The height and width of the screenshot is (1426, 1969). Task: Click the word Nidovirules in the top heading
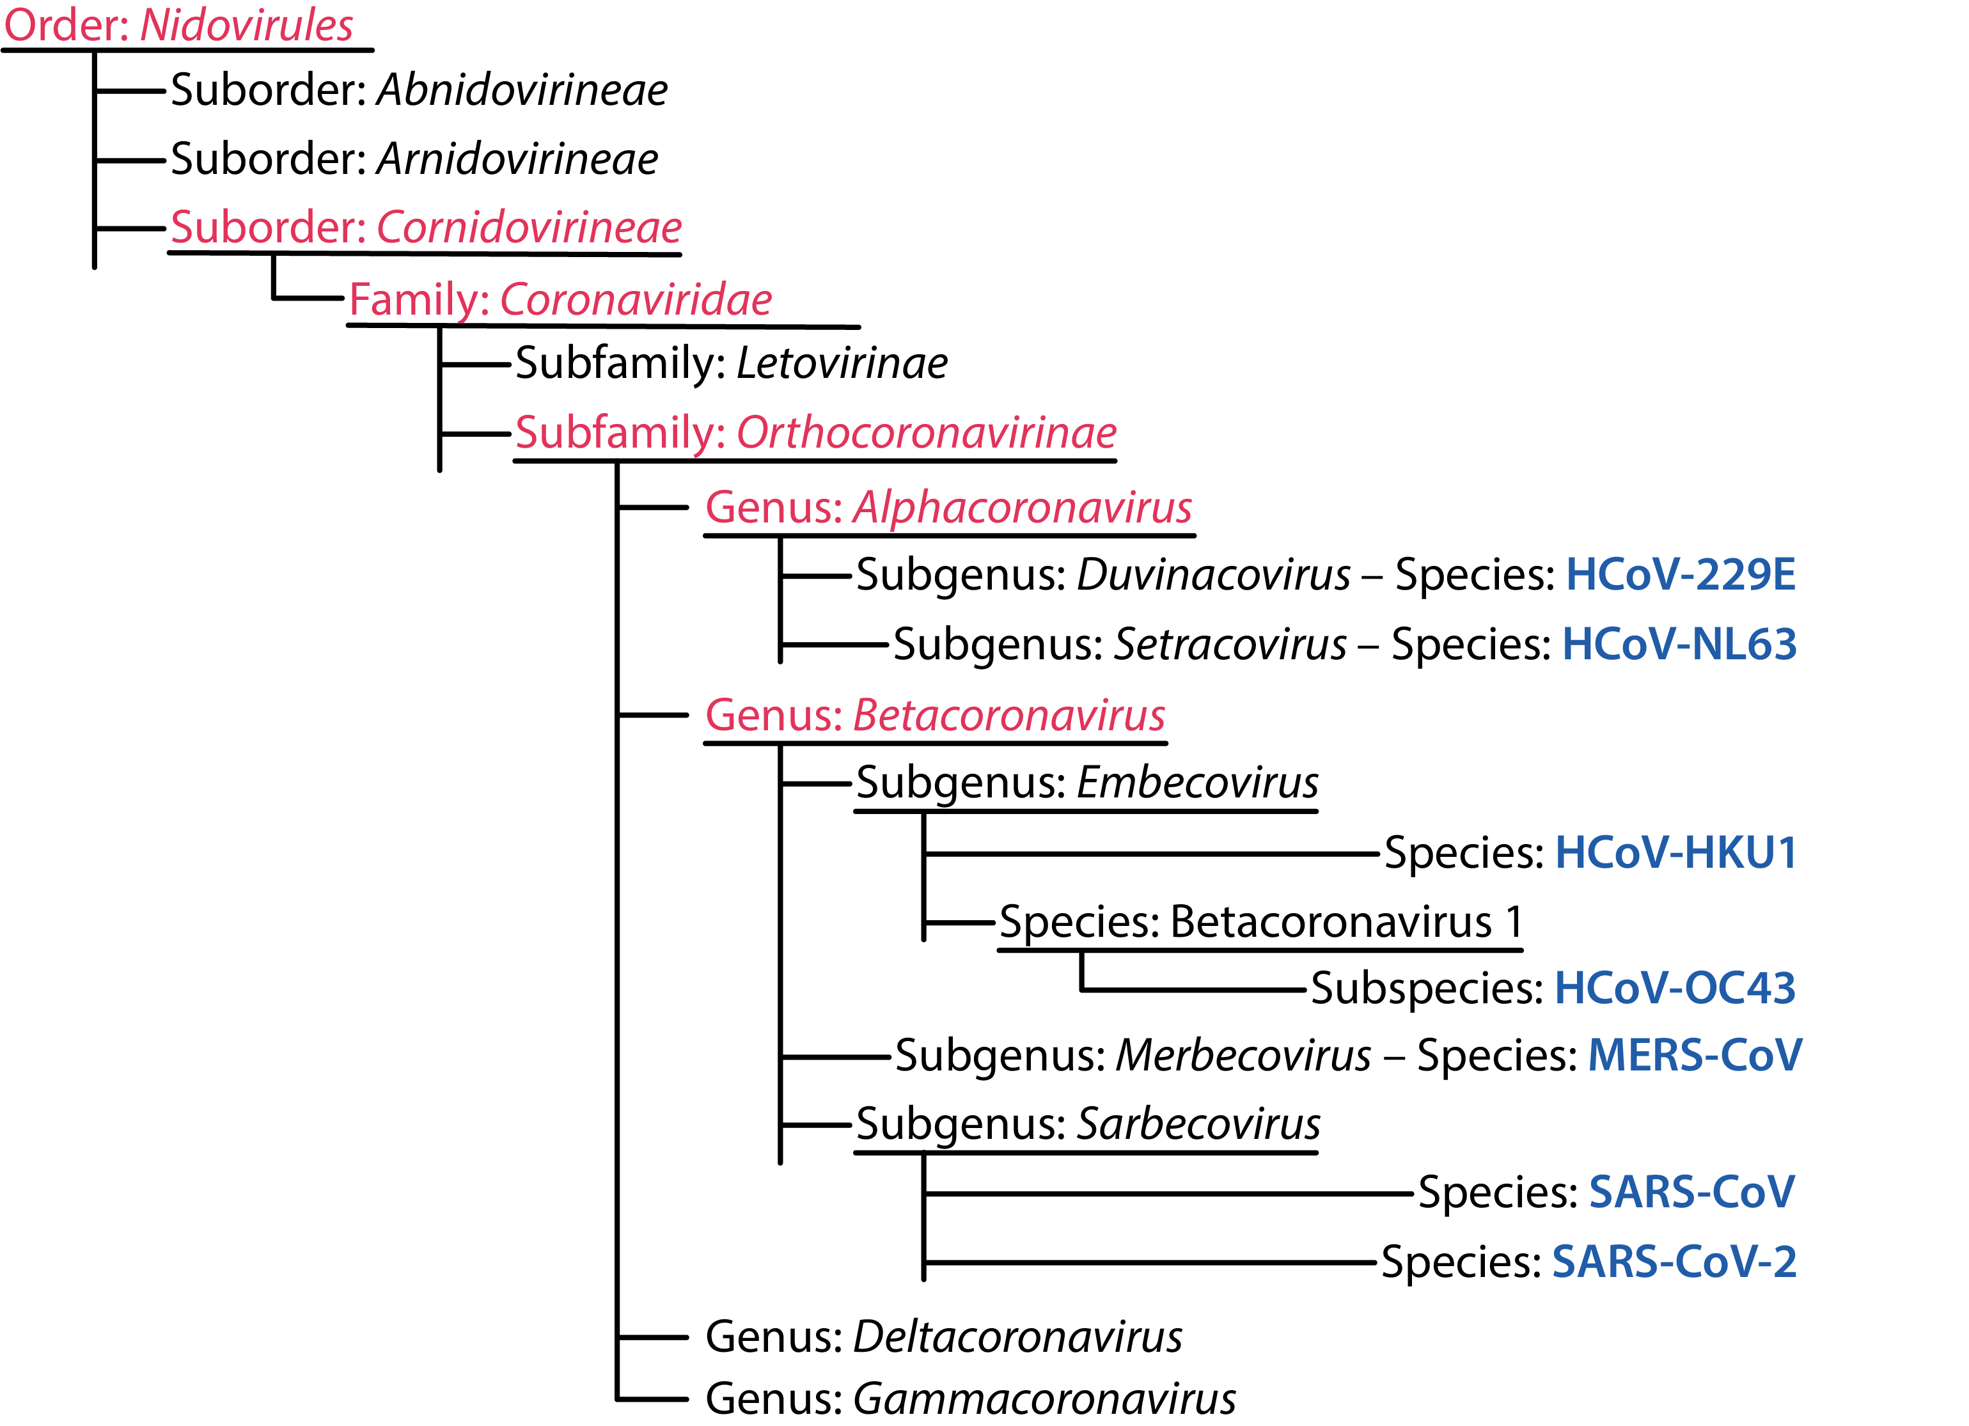point(247,24)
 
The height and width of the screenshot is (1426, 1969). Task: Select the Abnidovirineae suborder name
point(522,90)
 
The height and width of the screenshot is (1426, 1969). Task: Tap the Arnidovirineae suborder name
point(517,159)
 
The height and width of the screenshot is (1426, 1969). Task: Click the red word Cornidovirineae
point(529,228)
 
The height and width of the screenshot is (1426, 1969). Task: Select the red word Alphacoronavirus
point(1023,507)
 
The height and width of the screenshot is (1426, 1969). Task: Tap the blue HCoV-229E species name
point(1680,575)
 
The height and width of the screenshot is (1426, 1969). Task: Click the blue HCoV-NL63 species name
point(1679,644)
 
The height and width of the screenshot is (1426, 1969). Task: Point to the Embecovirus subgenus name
point(1197,783)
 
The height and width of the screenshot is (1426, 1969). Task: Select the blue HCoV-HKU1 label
point(1675,852)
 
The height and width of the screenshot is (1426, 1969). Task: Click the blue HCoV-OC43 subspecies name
point(1675,988)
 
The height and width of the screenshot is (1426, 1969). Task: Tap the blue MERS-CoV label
point(1695,1055)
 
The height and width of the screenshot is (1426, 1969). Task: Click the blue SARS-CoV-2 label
point(1674,1262)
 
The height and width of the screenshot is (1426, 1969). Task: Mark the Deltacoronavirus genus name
point(1017,1336)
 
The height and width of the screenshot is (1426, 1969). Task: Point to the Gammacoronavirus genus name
point(1044,1399)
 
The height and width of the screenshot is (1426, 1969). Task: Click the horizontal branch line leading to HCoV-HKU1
point(1151,854)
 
